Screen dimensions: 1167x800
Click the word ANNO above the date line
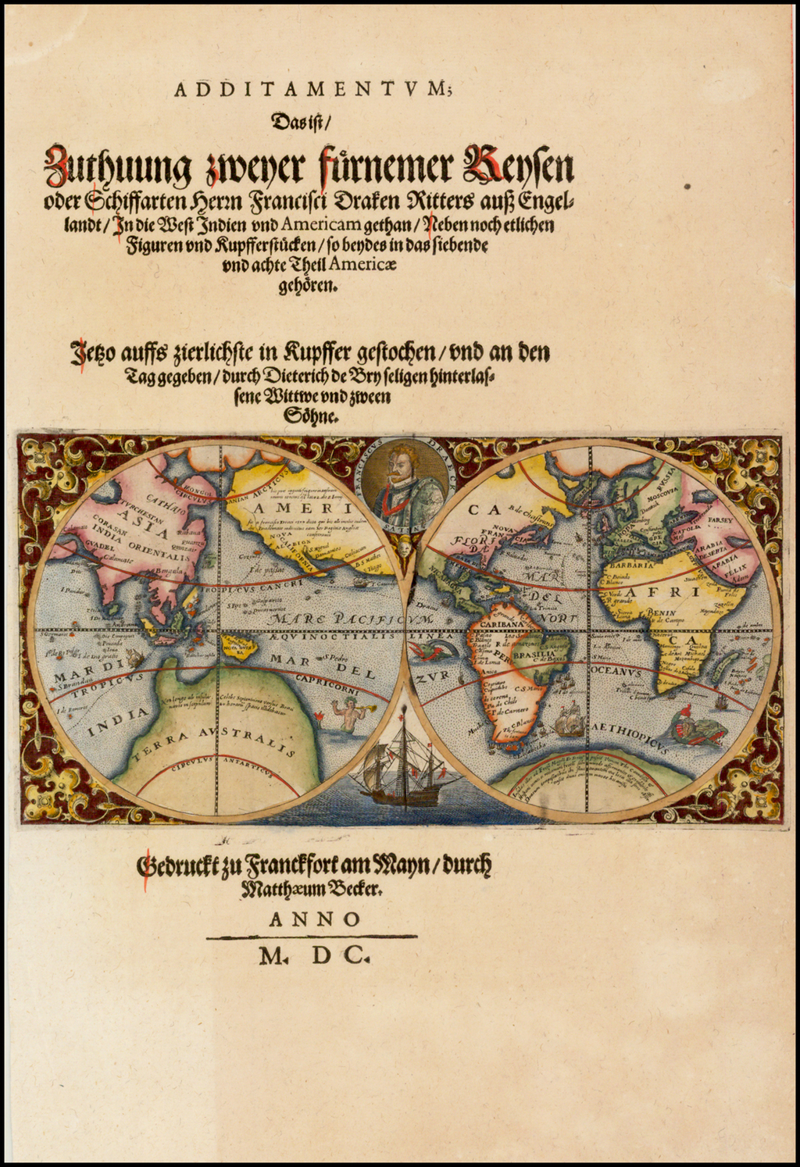(315, 919)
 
